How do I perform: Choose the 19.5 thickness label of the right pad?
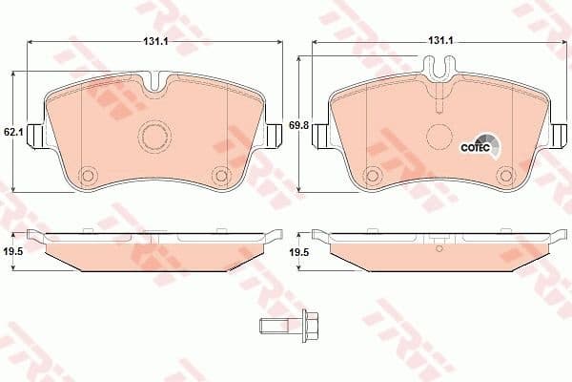coord(297,251)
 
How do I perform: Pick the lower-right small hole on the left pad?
coord(220,176)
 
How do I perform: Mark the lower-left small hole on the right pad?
coord(372,176)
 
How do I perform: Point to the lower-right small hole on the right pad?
coord(504,176)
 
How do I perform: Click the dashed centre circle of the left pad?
coord(153,135)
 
